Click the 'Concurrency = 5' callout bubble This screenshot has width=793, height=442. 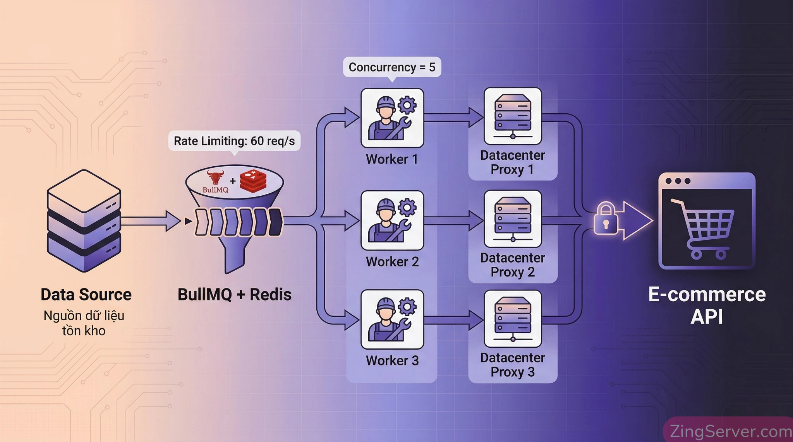point(392,67)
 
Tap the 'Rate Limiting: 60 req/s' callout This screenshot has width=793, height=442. point(234,141)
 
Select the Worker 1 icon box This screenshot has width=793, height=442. point(392,118)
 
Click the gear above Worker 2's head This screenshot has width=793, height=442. point(407,208)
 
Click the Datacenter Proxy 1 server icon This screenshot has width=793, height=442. point(513,116)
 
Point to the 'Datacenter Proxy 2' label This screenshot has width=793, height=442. point(512,265)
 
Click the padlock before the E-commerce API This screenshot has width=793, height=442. point(605,219)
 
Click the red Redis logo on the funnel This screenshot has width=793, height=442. point(253,181)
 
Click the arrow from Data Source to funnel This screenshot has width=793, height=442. point(151,221)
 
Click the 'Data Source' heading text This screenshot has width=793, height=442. point(86,295)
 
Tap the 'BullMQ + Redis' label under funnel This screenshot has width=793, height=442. point(234,295)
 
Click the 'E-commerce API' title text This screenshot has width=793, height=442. point(707,305)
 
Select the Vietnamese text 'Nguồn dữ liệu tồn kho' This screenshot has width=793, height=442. point(84,323)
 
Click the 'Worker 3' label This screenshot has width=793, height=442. point(392,361)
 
